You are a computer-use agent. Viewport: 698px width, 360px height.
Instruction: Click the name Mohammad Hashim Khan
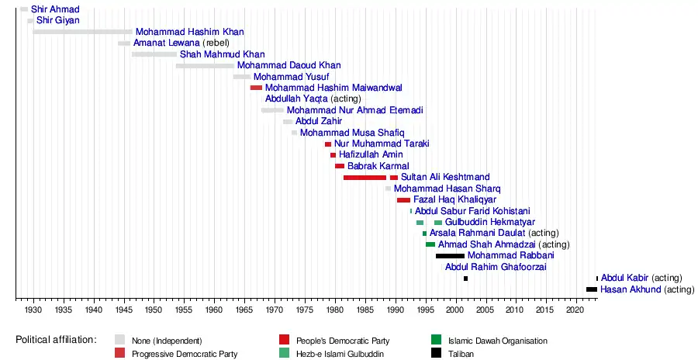tap(189, 32)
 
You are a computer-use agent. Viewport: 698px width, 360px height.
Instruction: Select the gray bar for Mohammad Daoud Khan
tap(205, 66)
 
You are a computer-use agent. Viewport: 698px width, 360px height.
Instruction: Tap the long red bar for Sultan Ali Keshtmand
tap(365, 178)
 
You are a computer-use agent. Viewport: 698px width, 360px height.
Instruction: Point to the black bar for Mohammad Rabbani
tap(450, 256)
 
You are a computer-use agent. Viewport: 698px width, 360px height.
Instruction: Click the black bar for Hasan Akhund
tap(592, 289)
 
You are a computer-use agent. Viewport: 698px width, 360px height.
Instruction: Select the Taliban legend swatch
tap(437, 354)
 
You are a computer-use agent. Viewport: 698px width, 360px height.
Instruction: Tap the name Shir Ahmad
tap(55, 9)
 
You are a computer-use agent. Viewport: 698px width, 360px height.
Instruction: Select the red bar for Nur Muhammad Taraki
tap(328, 144)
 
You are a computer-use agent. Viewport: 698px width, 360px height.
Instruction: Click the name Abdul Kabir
tap(625, 278)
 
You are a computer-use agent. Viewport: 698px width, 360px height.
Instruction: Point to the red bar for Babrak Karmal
tap(340, 167)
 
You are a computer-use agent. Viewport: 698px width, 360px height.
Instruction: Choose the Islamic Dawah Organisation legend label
tap(498, 341)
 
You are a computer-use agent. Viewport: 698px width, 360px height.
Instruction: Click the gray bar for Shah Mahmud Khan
tap(154, 54)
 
